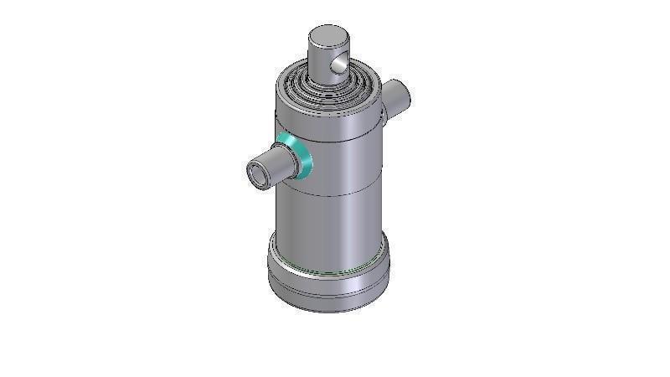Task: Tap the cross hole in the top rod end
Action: (337, 64)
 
